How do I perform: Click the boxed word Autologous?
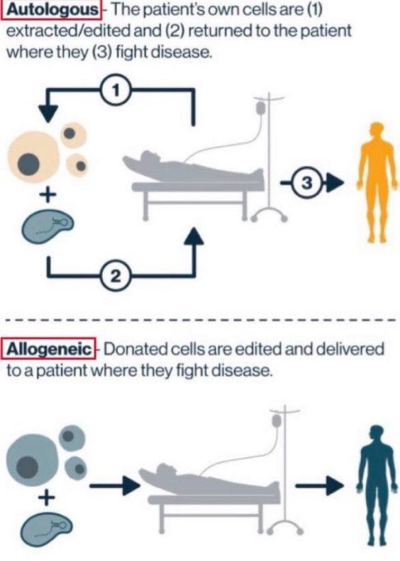[52, 10]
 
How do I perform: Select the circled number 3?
[306, 184]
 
